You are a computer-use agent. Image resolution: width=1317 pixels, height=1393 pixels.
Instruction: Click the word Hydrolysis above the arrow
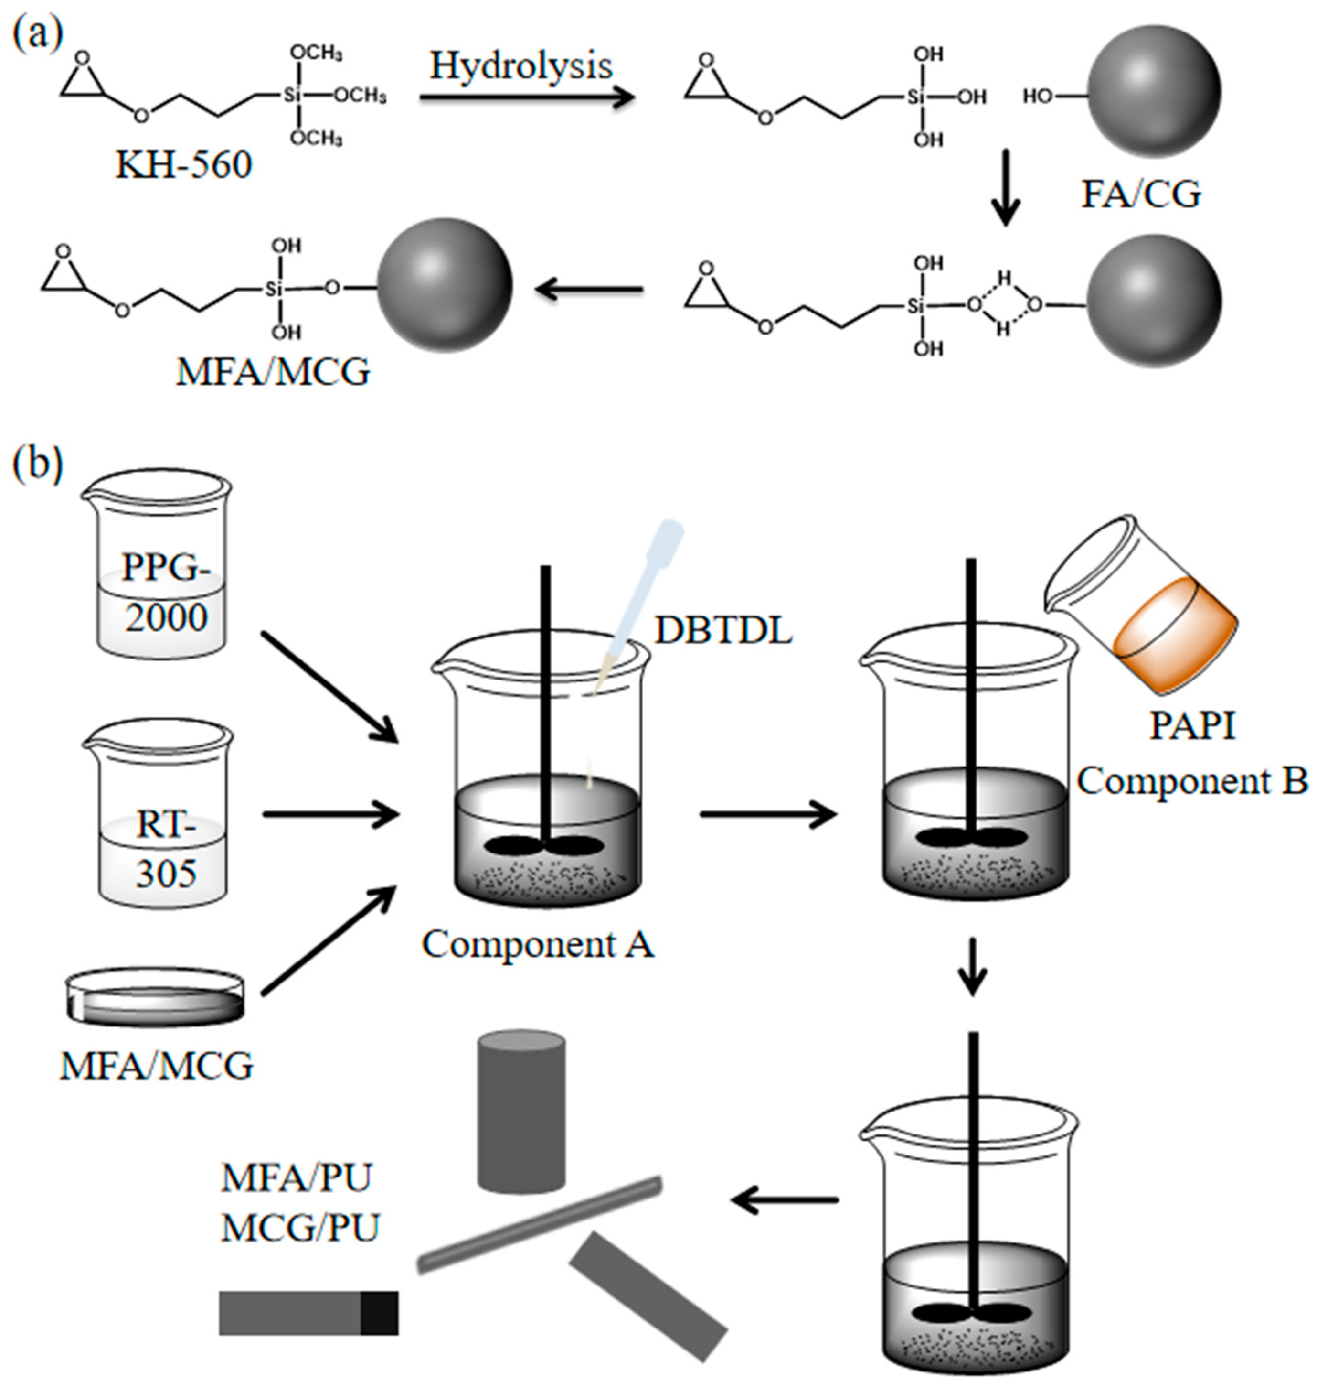(521, 65)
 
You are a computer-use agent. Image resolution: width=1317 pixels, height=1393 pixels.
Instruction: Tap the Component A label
(538, 943)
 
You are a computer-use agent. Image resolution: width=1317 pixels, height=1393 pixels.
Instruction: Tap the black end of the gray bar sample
(380, 1312)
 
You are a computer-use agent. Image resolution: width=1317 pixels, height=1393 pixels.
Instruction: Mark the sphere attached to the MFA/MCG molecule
(445, 284)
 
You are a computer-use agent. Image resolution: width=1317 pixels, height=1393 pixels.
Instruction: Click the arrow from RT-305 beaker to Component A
(330, 815)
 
